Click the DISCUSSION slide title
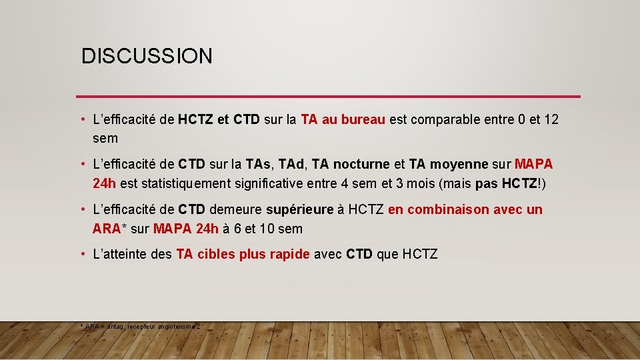tap(147, 56)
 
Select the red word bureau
tap(363, 120)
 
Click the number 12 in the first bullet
tap(551, 120)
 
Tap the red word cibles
tap(215, 254)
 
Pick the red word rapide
tap(290, 254)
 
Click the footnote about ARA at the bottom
tap(139, 327)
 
